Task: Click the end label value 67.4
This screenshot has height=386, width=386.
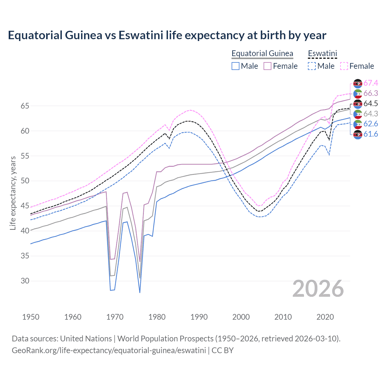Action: point(371,83)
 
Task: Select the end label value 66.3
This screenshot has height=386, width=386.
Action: point(371,93)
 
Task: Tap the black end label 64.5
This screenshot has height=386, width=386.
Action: point(371,103)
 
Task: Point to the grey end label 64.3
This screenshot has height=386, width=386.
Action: point(371,114)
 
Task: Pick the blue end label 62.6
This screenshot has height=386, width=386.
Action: point(371,124)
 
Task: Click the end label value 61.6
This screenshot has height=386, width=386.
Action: point(371,134)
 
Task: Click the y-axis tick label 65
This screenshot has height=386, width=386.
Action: point(25,106)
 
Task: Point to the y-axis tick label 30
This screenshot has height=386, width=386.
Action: point(25,281)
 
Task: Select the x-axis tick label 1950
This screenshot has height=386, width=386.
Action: point(31,317)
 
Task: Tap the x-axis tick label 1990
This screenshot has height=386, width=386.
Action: point(199,317)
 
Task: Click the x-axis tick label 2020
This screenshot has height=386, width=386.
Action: point(325,317)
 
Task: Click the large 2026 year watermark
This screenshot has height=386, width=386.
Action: point(318,289)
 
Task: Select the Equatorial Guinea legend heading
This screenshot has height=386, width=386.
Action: point(262,53)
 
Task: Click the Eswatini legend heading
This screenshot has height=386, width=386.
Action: point(322,53)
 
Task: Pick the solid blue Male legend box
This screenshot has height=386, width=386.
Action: point(236,66)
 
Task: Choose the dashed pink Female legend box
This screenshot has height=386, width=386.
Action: point(344,66)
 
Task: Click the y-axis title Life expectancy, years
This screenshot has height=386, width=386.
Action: point(13,193)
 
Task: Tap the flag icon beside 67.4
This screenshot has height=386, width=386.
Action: point(358,83)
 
